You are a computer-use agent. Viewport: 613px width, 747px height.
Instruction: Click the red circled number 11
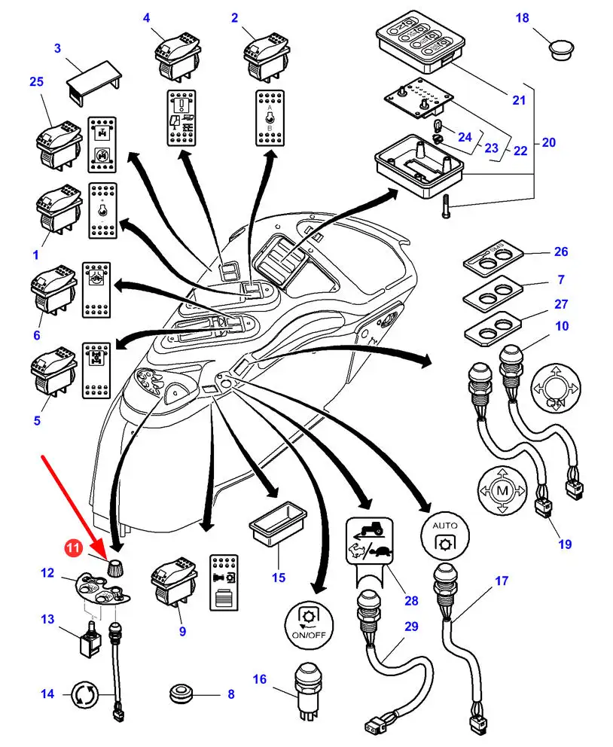tap(73, 550)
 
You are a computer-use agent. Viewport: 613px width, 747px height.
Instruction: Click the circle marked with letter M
tap(500, 490)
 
